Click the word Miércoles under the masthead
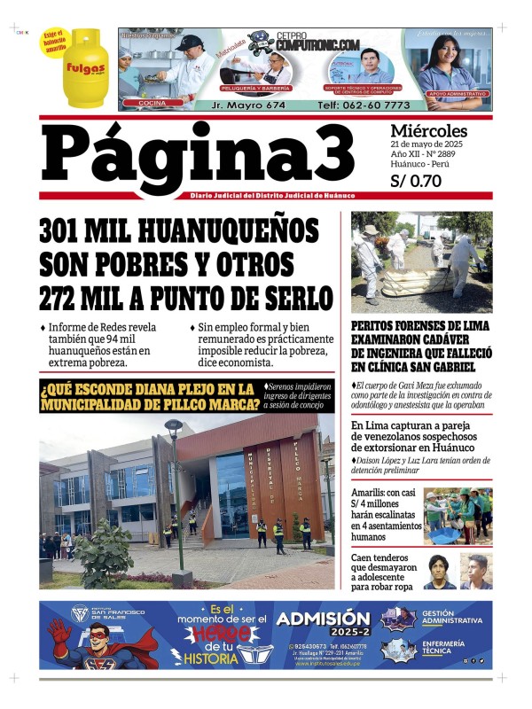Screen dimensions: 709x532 click(428, 130)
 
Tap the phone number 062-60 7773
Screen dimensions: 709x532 click(353, 105)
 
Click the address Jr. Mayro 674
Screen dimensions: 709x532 click(249, 105)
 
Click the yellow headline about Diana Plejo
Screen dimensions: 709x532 click(150, 396)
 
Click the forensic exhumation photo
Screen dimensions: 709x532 click(421, 261)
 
